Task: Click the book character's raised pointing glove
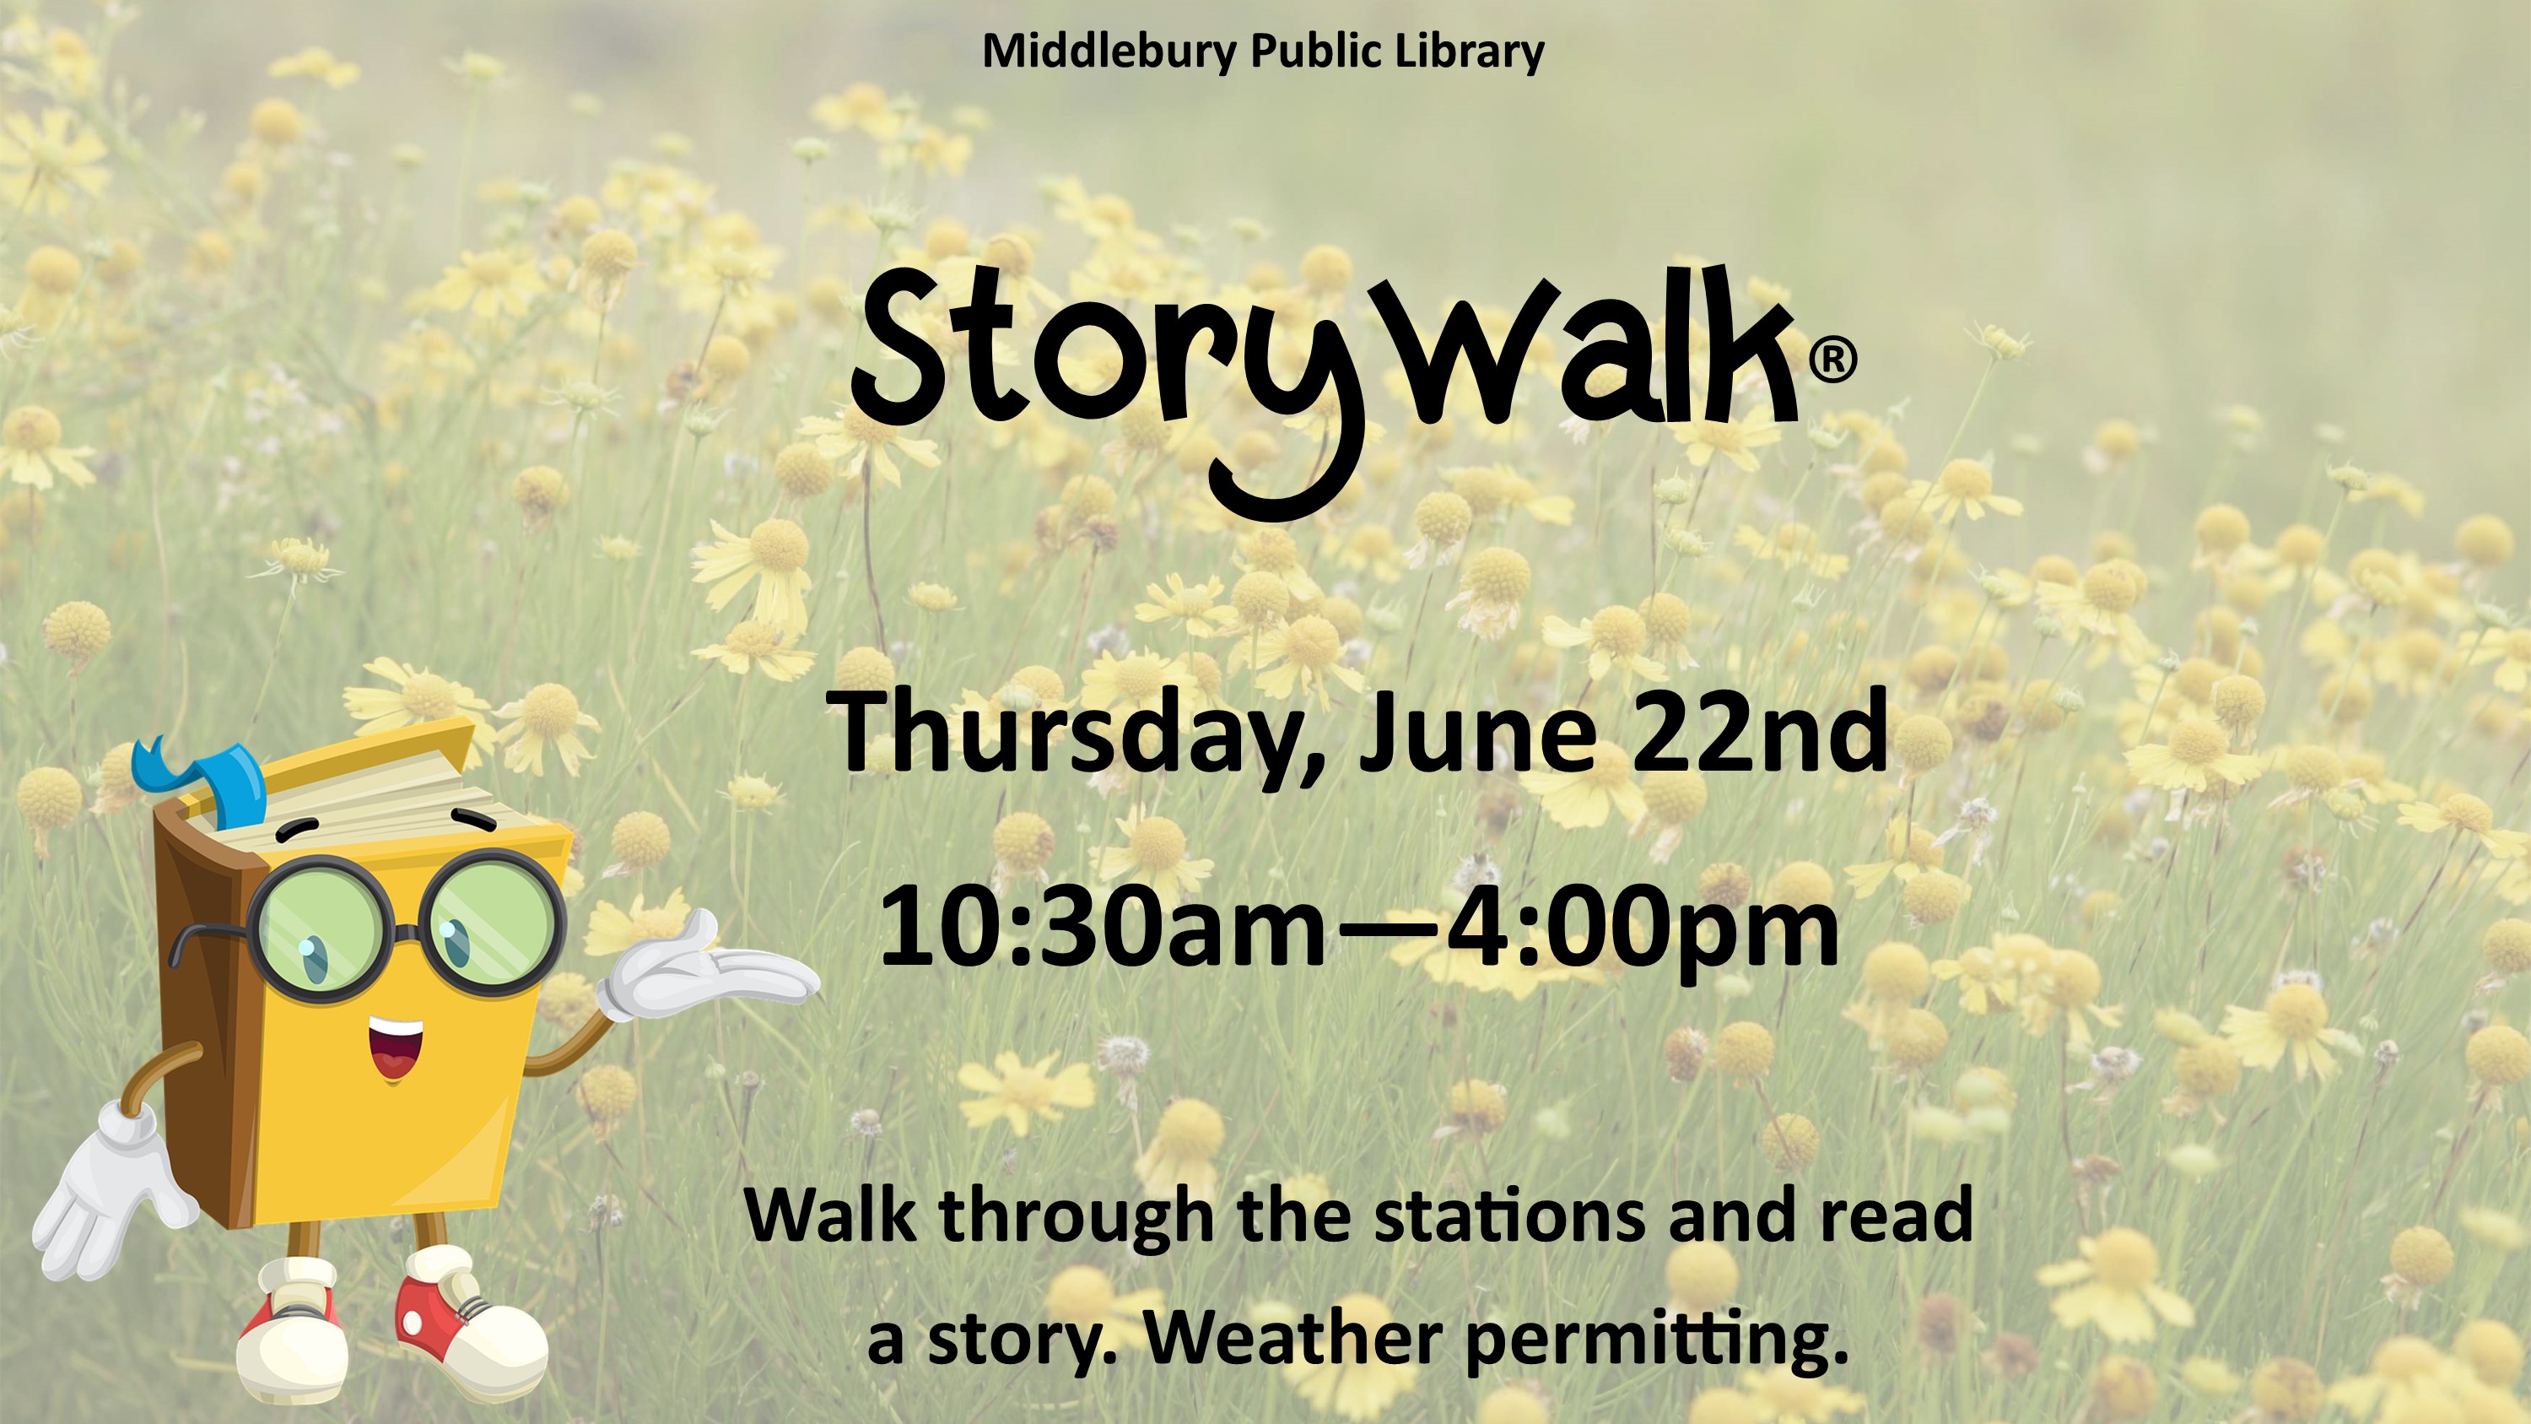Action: pos(708,967)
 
